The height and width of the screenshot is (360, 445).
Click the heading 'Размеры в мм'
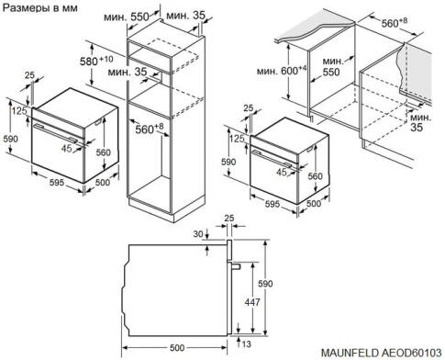tap(40, 8)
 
